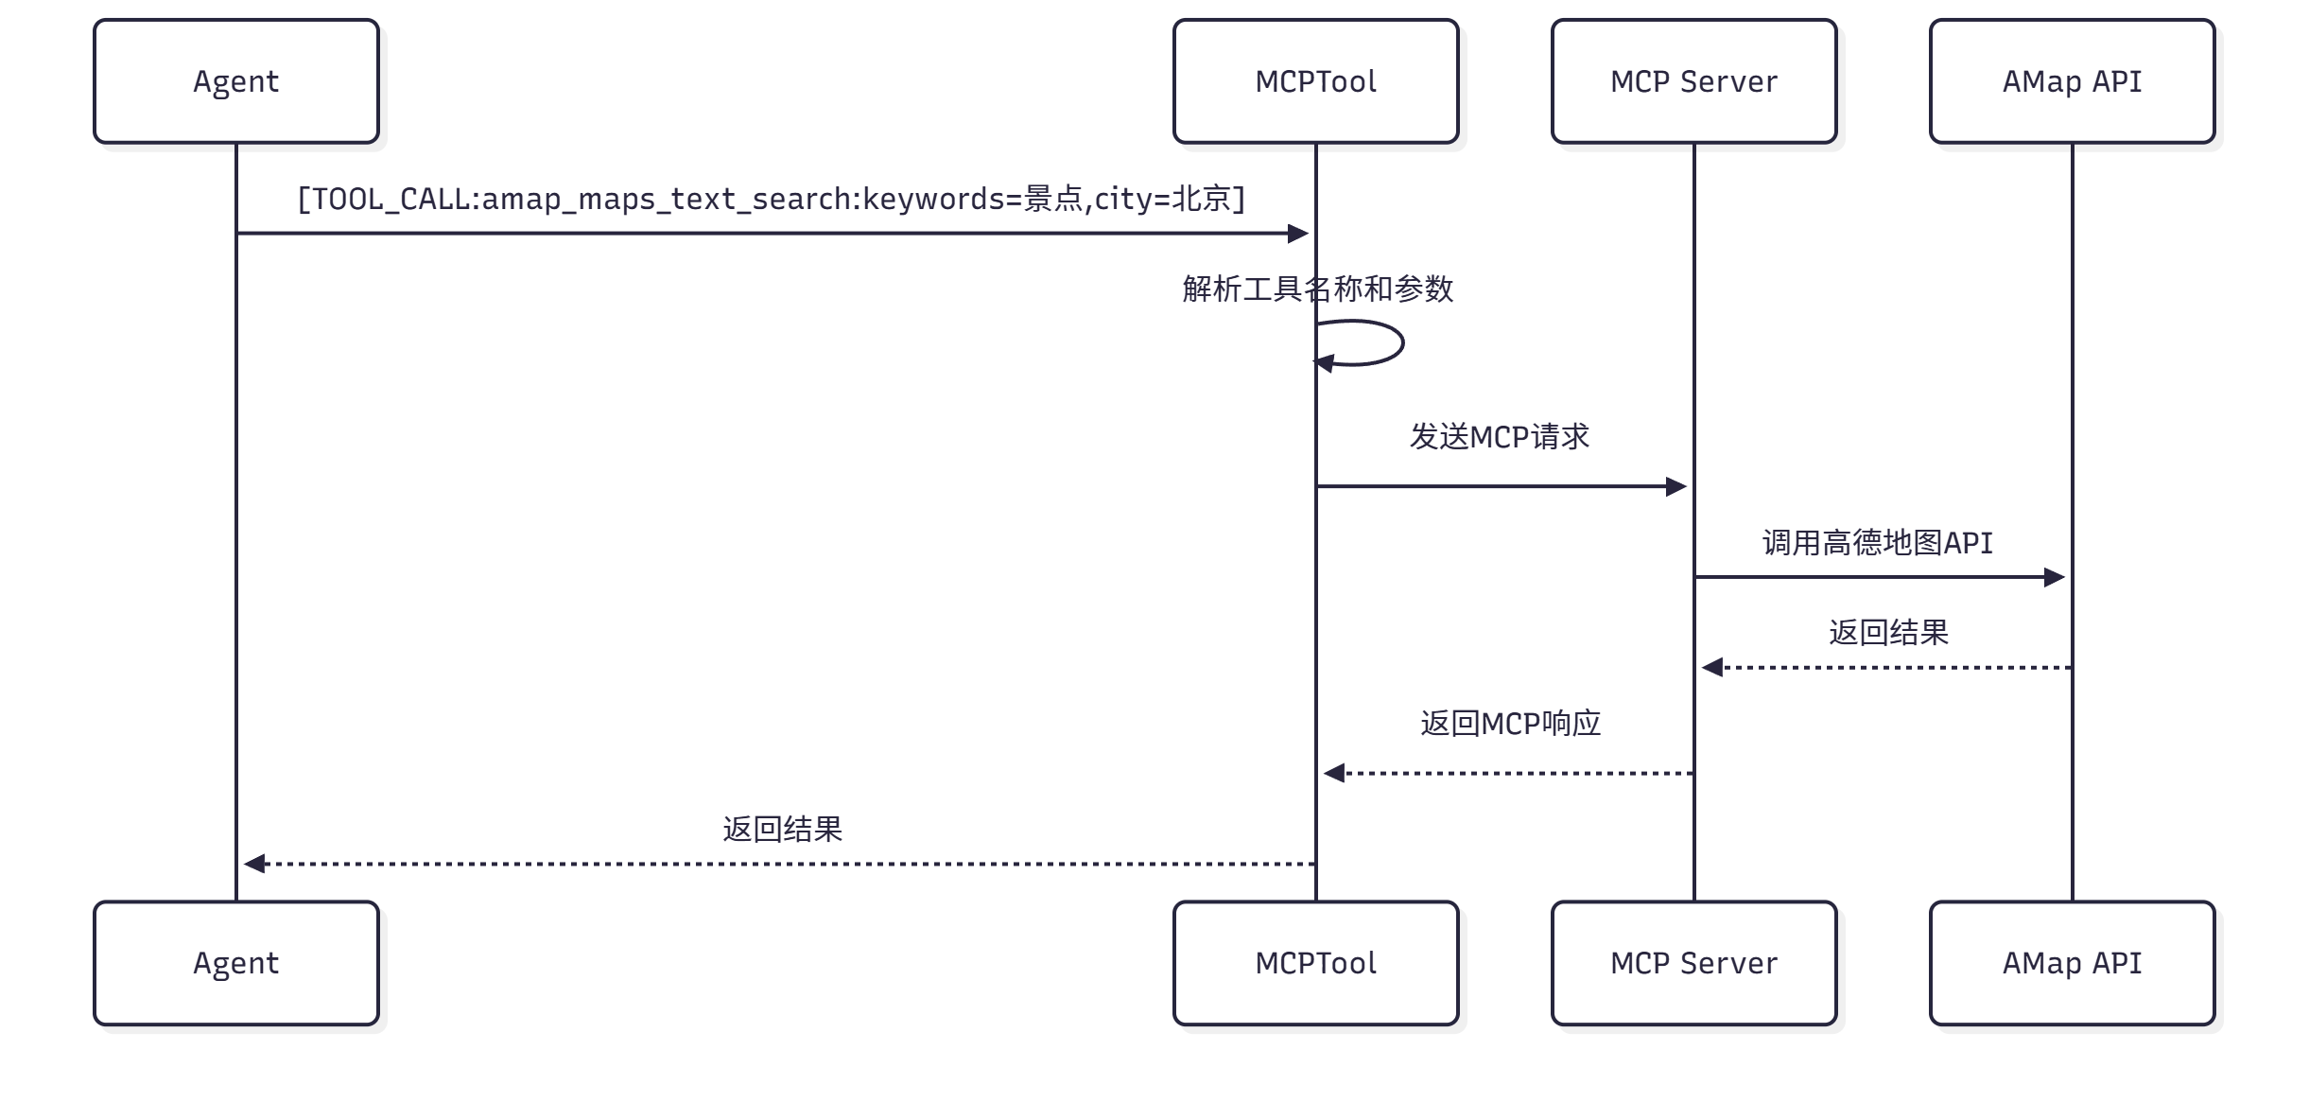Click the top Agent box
236,81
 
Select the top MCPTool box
1315,81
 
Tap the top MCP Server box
1693,81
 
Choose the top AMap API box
2072,81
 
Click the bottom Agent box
236,963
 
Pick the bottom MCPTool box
1315,963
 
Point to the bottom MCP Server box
1693,963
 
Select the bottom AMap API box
2072,963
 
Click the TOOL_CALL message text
771,200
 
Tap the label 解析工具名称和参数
1317,289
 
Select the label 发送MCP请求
1500,437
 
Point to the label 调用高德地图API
1878,543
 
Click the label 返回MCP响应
1510,724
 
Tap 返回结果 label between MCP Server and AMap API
1888,633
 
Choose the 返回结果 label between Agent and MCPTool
782,830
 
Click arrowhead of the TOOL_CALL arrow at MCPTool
1299,234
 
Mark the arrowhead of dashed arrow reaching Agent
253,864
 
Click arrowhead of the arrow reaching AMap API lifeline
2055,577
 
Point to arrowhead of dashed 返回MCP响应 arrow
1333,774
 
